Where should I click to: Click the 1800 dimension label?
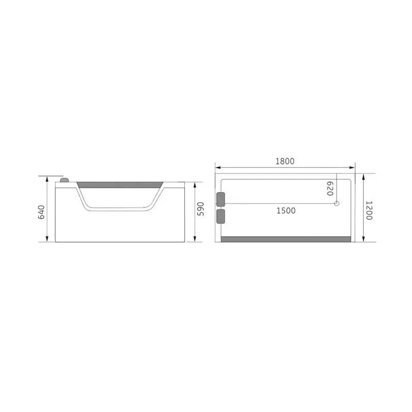coord(285,161)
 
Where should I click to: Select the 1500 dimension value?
coord(286,211)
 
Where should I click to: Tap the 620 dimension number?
coord(330,188)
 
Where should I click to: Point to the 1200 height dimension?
coord(369,211)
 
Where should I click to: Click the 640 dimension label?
coord(42,212)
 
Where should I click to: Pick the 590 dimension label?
coord(200,209)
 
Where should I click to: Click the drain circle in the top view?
coord(337,203)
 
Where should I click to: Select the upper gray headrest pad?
coord(221,199)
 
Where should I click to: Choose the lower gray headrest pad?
coord(221,216)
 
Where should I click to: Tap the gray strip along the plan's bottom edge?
coord(286,239)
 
